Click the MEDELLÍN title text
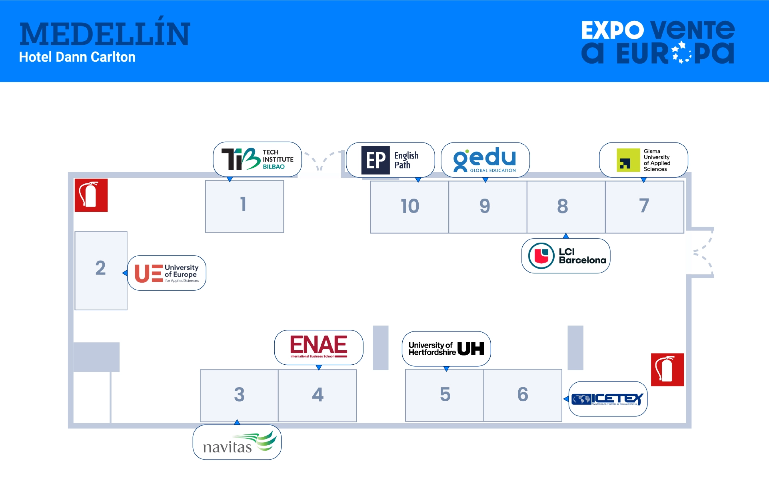[105, 34]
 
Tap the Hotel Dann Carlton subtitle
[77, 57]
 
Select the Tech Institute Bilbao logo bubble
[257, 159]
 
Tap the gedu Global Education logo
[485, 160]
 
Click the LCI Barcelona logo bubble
[565, 256]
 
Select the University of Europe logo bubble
[166, 273]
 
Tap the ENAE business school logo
[318, 347]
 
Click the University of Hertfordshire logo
[446, 348]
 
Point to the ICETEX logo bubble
[607, 399]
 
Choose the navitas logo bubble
[237, 442]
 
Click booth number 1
[244, 206]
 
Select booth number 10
[409, 207]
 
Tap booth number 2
[101, 270]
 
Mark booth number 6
[522, 395]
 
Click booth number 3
[239, 395]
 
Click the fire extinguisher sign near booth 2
[91, 195]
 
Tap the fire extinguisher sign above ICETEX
[667, 370]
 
